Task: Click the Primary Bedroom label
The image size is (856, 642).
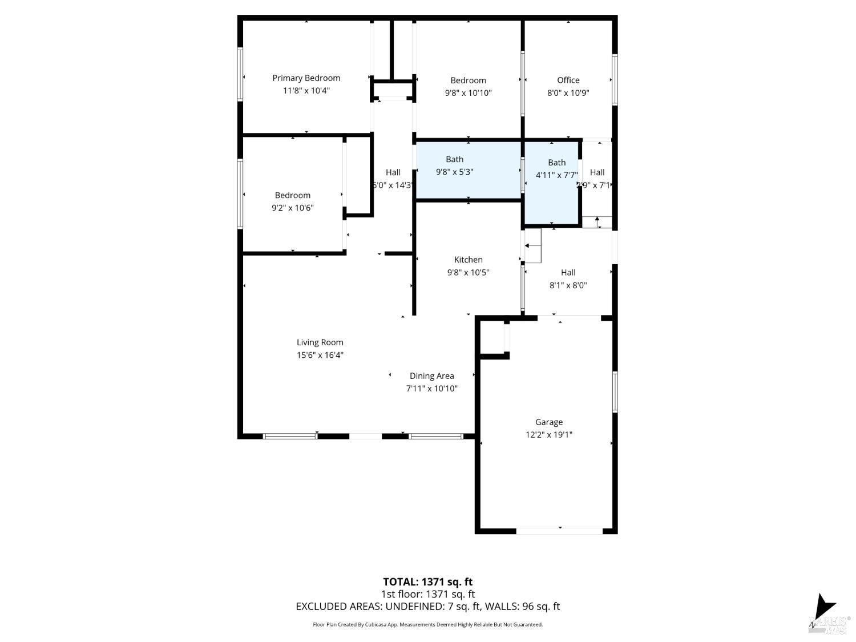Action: [x=306, y=78]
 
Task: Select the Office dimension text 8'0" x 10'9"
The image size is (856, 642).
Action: [x=568, y=92]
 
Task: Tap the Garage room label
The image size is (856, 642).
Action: [x=548, y=422]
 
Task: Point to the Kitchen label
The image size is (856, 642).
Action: [x=468, y=260]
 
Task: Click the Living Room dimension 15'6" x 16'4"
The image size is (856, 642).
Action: [x=320, y=355]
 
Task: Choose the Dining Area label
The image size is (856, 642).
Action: [x=431, y=375]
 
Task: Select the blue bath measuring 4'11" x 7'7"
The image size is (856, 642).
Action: [x=552, y=183]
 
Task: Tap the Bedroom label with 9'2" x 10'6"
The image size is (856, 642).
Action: [x=292, y=195]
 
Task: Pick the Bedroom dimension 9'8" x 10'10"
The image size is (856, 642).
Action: [x=468, y=92]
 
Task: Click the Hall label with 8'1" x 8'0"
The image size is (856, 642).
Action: [x=568, y=273]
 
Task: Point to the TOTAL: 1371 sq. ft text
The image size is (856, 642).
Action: [x=427, y=582]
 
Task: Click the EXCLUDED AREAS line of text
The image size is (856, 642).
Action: [x=427, y=606]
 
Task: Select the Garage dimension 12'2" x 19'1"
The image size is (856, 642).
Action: [x=548, y=435]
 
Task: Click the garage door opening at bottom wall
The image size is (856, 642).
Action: [x=559, y=531]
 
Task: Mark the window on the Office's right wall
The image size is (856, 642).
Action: [x=615, y=79]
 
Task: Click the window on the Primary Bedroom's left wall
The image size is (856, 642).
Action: [x=240, y=74]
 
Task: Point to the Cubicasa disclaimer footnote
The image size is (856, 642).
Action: [x=427, y=625]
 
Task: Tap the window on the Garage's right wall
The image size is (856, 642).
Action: [x=615, y=391]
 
